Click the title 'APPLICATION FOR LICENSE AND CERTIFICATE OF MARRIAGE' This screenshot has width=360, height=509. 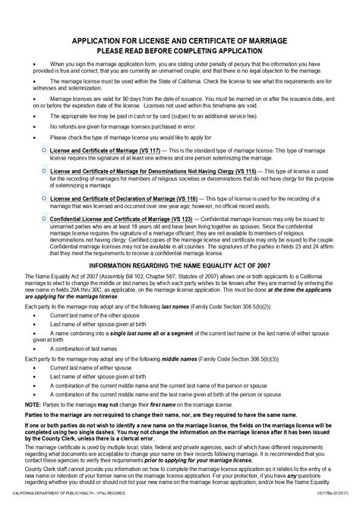coord(180,38)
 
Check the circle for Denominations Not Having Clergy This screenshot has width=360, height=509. coord(43,172)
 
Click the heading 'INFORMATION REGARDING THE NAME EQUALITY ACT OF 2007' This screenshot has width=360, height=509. coord(180,266)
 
